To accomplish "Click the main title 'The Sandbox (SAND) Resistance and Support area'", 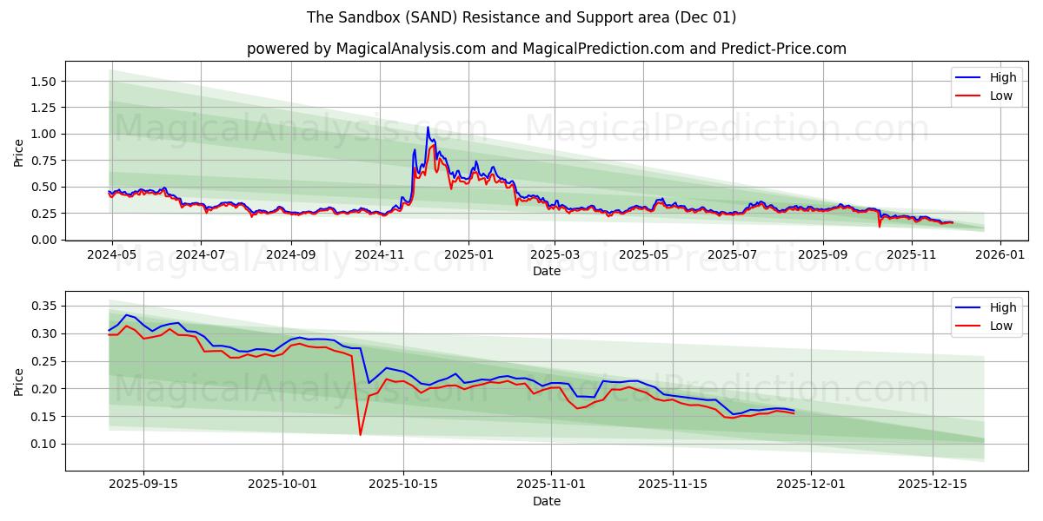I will [521, 17].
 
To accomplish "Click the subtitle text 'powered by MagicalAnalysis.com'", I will [366, 49].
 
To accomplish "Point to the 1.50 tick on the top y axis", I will [42, 82].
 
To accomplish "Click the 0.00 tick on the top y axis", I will [42, 240].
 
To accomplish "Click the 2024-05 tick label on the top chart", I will [111, 255].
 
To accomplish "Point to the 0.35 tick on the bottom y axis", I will [42, 306].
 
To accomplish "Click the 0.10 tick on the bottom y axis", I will [42, 444].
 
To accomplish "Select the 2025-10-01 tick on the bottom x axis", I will [282, 485].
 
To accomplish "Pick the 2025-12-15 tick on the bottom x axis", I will [932, 485].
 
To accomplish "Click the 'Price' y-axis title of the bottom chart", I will [19, 381].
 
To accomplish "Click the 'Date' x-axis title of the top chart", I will [547, 271].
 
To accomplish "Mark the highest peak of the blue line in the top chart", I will [428, 128].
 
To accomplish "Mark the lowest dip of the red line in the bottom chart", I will [360, 434].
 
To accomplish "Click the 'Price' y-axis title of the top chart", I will [19, 152].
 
